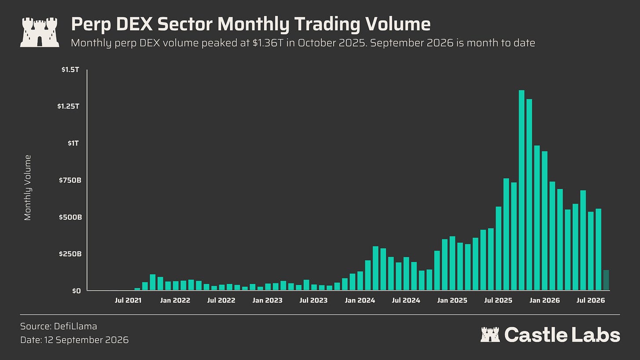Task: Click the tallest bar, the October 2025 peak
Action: (x=521, y=190)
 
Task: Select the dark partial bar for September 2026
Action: (x=606, y=280)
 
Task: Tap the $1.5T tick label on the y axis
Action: (x=70, y=70)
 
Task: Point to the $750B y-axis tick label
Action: (x=70, y=180)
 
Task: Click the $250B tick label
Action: (x=70, y=254)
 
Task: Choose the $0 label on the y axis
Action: (x=76, y=291)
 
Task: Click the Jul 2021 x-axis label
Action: (x=128, y=300)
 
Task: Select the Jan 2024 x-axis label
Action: (x=360, y=300)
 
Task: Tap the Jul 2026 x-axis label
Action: (x=591, y=300)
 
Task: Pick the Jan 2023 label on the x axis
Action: (x=267, y=300)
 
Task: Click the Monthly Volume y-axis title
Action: (x=27, y=188)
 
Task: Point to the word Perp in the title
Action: (x=91, y=25)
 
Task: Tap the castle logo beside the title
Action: (x=40, y=32)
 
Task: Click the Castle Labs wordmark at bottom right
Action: (x=550, y=335)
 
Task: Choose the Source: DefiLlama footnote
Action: (x=58, y=326)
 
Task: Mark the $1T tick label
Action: (x=73, y=143)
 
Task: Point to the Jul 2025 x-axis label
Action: (x=498, y=300)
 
